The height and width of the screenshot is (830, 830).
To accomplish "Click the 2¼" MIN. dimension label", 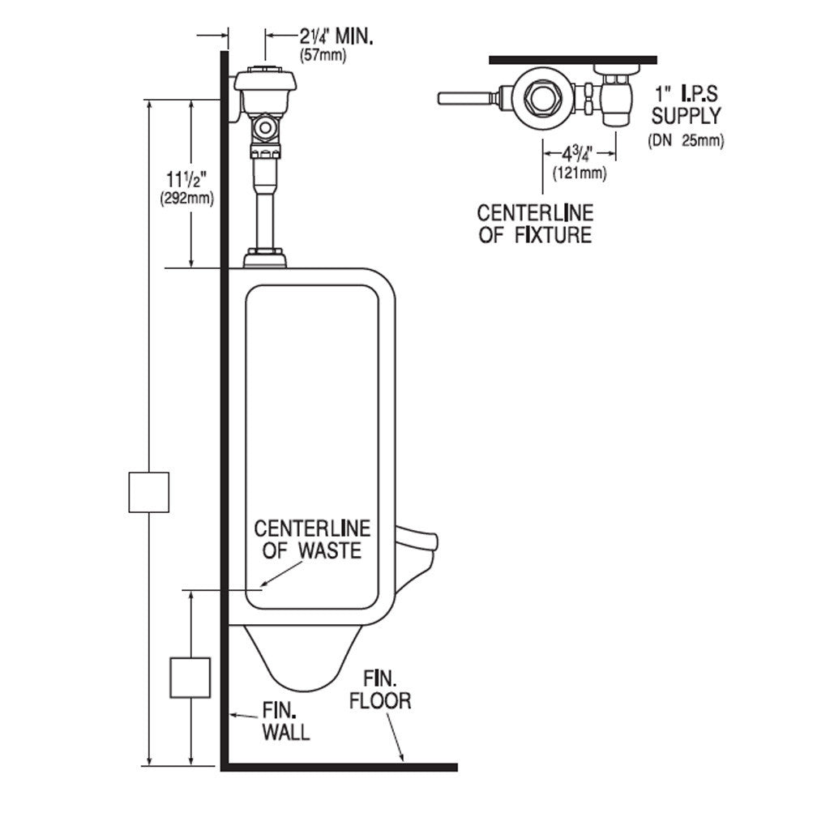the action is click(336, 37).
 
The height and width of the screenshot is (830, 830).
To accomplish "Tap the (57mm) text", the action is click(323, 56).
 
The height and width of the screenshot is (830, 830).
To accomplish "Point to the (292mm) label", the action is click(187, 199).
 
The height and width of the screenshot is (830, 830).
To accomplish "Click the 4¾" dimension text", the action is click(577, 154).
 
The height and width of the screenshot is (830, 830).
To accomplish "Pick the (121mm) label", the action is click(580, 173).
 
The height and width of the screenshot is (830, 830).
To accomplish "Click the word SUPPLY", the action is click(686, 116).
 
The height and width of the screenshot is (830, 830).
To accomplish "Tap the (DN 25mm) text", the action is click(686, 141).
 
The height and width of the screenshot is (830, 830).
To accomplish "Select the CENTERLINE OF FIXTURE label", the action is click(535, 224).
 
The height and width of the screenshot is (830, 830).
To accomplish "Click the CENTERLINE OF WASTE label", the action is click(312, 539).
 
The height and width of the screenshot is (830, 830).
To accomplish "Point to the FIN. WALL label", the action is click(286, 721).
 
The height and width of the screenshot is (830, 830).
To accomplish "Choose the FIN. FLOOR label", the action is click(379, 691).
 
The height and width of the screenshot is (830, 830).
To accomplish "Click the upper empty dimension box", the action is click(149, 492).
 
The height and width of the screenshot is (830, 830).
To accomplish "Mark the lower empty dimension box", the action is click(190, 678).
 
